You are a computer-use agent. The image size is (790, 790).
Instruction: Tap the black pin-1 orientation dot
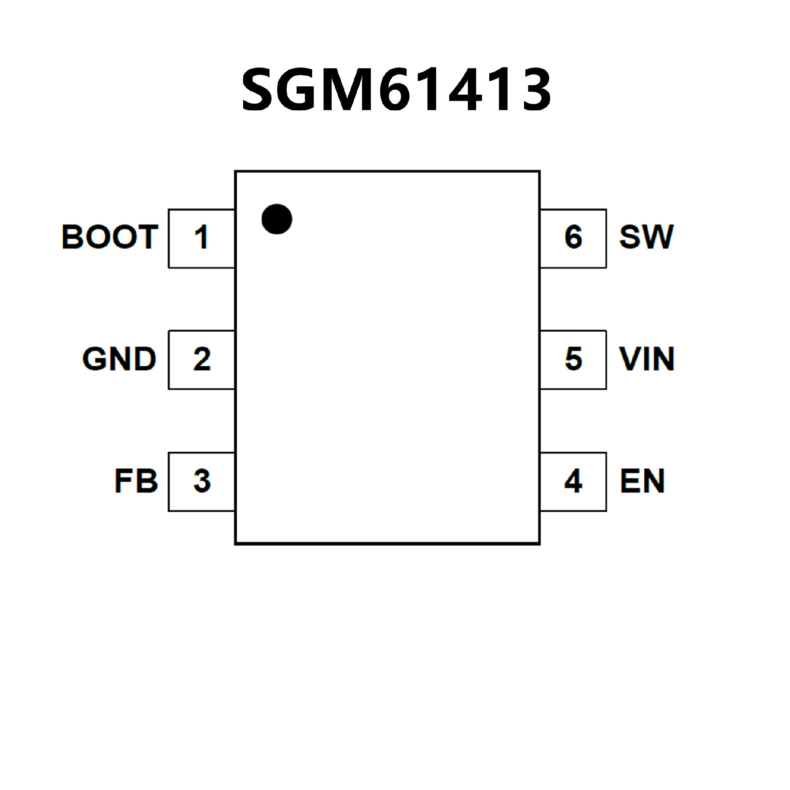277,219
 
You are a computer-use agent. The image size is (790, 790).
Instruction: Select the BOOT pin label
110,237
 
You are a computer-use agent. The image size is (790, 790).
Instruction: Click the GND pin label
119,359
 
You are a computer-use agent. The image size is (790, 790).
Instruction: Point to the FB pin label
136,481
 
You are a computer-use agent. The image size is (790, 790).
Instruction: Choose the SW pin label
646,237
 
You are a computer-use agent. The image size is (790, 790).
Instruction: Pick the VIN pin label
647,359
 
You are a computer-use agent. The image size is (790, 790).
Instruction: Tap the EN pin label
642,481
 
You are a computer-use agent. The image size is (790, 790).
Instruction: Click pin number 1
201,237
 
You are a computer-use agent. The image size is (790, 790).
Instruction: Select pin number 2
202,359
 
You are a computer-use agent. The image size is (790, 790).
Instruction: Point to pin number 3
202,481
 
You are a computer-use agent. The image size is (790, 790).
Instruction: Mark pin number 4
573,481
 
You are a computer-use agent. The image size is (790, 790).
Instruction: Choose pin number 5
574,359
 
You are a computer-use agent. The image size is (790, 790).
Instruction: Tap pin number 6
574,237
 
